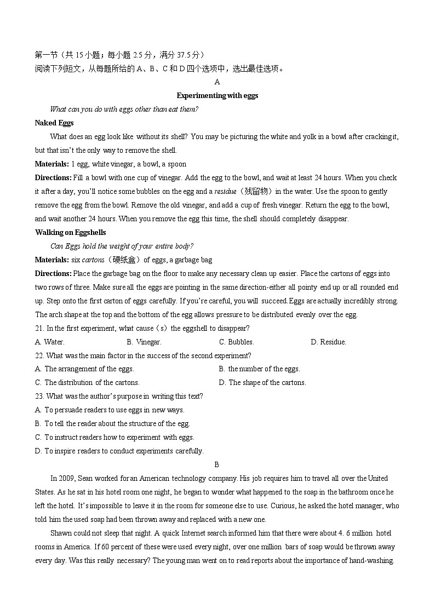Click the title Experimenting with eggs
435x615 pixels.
click(x=217, y=95)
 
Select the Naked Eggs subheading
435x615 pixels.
click(x=54, y=123)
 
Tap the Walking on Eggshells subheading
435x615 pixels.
click(x=70, y=232)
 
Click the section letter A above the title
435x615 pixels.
click(x=217, y=82)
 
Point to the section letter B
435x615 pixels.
click(x=217, y=464)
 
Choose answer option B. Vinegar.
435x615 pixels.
click(x=144, y=342)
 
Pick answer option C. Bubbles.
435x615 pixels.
click(x=236, y=342)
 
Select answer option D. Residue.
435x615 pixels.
click(x=328, y=342)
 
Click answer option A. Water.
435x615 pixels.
click(x=49, y=342)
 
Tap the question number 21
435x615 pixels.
click(x=39, y=328)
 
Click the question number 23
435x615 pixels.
click(x=39, y=396)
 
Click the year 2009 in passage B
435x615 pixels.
click(x=66, y=478)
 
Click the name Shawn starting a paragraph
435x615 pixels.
click(x=60, y=533)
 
